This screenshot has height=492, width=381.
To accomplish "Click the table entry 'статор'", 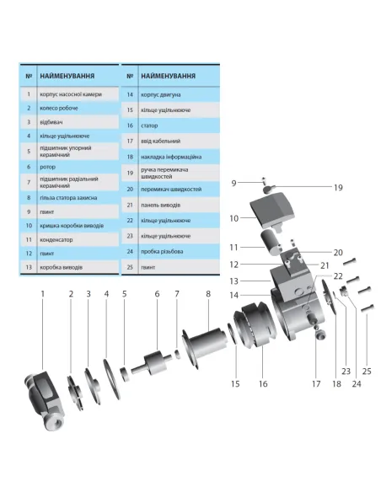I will coord(148,125).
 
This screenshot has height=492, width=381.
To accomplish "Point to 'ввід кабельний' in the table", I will coord(158,141).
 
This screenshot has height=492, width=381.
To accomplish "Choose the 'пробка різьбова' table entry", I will coord(162,251).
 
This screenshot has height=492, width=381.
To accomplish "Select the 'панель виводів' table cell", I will coord(159,205).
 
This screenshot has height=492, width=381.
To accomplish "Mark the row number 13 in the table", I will coord(29,267).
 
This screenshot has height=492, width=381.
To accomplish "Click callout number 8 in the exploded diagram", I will coord(207,293).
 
